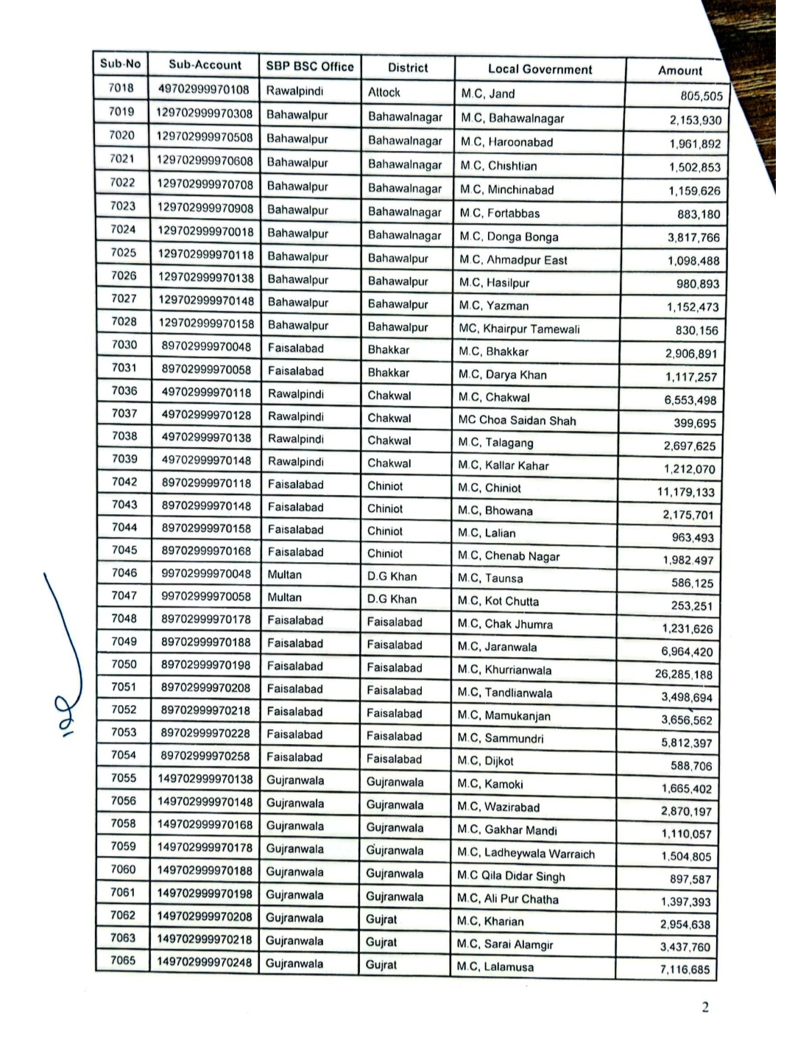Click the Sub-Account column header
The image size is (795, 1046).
205,65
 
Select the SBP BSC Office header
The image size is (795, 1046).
310,66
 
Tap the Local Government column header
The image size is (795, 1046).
540,69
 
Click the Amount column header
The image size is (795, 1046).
679,71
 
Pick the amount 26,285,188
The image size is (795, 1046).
683,674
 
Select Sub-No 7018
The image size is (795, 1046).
121,88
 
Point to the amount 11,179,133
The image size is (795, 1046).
685,492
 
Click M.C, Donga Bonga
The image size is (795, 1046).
509,236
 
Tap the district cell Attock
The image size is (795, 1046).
384,92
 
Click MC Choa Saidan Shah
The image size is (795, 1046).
517,421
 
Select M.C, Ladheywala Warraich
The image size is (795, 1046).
526,854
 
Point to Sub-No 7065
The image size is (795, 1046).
123,961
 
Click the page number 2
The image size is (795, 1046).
705,1008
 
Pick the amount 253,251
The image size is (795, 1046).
691,606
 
